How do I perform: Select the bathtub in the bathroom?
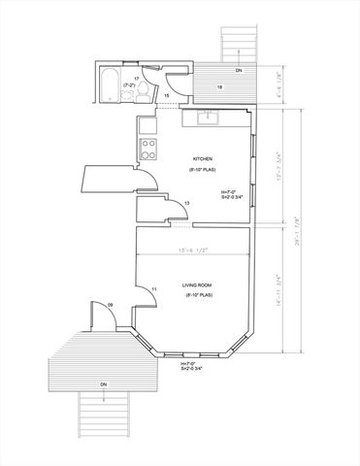coord(108,83)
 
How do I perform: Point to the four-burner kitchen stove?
coord(150,149)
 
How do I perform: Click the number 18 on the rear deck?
coord(219,87)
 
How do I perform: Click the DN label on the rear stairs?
coord(239,71)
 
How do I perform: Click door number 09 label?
coord(111,307)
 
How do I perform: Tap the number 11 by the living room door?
coord(154,290)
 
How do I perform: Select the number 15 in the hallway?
coord(166,96)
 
